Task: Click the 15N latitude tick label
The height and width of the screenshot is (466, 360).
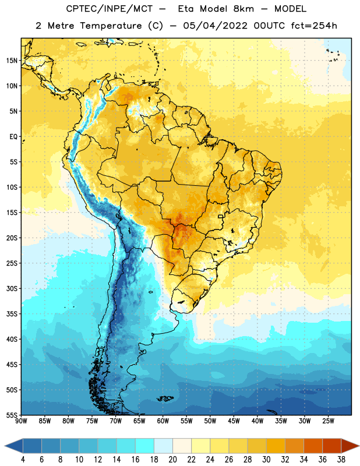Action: (x=12, y=61)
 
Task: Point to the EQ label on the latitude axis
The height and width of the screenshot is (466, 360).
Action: (x=13, y=137)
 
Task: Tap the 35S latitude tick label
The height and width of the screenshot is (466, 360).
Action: (x=12, y=314)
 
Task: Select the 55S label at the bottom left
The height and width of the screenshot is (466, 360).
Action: (x=12, y=415)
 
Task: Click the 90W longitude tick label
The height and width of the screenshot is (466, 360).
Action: (x=21, y=421)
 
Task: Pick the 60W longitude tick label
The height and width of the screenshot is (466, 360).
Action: (x=163, y=421)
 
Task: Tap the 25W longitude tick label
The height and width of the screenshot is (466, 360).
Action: (x=328, y=421)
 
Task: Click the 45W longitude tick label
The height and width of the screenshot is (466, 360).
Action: (x=234, y=421)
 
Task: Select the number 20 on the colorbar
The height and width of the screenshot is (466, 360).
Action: (x=172, y=460)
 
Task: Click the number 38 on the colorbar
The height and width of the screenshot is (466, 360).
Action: (x=341, y=460)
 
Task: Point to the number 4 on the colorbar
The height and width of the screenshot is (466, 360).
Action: (x=23, y=460)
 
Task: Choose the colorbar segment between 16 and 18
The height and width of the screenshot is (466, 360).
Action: (x=145, y=446)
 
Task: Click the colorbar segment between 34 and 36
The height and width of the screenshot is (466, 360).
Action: (x=313, y=446)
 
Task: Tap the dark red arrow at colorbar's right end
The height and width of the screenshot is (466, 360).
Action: (x=350, y=446)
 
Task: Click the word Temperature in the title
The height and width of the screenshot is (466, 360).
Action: (x=111, y=26)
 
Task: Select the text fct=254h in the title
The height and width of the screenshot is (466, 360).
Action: (x=314, y=26)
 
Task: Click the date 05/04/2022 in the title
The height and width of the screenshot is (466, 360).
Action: (x=215, y=26)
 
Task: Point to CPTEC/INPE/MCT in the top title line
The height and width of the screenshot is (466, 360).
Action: (x=110, y=9)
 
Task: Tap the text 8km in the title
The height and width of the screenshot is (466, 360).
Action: (x=243, y=9)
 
